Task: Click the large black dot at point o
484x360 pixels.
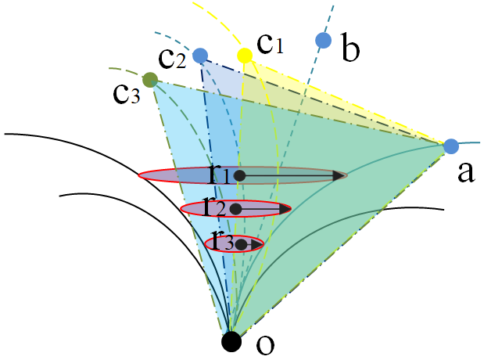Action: [231, 341]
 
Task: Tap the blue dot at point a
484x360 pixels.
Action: [450, 146]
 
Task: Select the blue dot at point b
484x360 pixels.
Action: [322, 40]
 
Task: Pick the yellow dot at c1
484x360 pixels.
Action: [245, 55]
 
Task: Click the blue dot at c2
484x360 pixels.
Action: [200, 56]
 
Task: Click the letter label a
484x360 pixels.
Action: [466, 174]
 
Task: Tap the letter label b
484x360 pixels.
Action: [350, 50]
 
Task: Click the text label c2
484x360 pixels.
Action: [173, 56]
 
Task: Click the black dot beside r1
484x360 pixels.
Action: [240, 176]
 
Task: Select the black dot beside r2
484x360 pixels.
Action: [235, 209]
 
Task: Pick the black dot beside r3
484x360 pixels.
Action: [242, 245]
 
